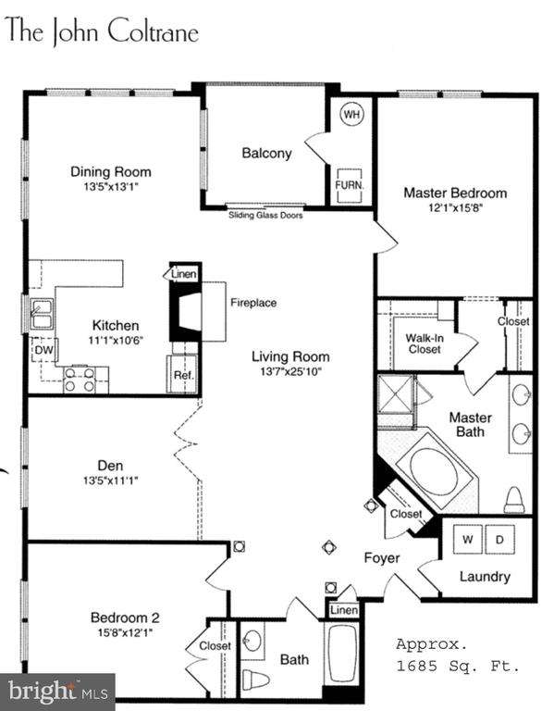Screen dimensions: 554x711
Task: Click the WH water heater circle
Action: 352,113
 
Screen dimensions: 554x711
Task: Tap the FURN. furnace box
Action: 349,185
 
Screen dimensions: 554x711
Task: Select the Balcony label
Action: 266,154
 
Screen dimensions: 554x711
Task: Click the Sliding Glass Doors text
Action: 265,215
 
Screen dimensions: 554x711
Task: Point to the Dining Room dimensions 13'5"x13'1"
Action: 111,186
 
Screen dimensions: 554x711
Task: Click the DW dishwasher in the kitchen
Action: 44,350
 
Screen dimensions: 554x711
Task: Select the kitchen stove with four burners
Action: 80,380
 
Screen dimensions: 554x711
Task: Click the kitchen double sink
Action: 42,313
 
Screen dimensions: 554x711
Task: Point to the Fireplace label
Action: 253,303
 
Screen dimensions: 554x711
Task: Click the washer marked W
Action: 467,539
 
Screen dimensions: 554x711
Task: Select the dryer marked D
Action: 499,539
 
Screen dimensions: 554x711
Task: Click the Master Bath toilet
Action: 514,500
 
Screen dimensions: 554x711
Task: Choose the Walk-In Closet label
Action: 424,343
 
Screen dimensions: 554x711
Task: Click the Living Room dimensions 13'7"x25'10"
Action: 290,371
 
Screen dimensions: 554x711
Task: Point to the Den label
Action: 110,466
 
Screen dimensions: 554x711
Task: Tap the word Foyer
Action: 381,558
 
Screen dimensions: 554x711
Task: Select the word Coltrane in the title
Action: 154,31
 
